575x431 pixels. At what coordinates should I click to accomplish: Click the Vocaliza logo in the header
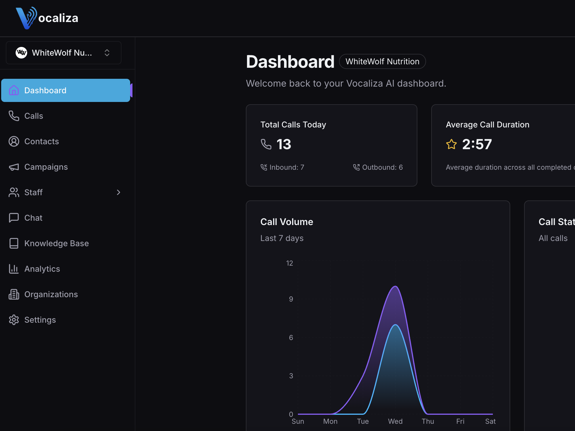(47, 18)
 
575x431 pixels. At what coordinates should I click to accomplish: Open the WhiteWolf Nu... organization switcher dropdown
(64, 53)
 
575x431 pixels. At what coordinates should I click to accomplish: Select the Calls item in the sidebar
(34, 116)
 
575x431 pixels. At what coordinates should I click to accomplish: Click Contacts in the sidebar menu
(41, 141)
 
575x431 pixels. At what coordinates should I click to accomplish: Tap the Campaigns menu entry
(46, 167)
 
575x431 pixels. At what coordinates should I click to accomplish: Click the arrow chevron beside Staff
(118, 192)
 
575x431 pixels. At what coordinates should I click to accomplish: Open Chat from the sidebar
(33, 218)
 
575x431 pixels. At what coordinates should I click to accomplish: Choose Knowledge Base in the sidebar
(56, 243)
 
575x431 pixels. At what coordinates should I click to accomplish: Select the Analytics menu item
(42, 269)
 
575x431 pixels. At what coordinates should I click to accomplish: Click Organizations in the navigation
(51, 294)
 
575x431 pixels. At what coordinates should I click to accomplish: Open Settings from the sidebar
(40, 320)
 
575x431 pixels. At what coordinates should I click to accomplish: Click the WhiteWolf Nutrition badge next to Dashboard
(382, 61)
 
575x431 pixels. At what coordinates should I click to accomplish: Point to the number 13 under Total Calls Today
(283, 144)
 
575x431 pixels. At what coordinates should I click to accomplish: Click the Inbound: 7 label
(286, 167)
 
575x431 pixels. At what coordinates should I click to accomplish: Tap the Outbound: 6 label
(382, 167)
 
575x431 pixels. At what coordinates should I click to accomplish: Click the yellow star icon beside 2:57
(451, 144)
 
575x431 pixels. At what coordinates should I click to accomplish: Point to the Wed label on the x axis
(395, 421)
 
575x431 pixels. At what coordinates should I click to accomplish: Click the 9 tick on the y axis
(291, 299)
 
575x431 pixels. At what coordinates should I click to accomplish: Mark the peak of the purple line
(395, 286)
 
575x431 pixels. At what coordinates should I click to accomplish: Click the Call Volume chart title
(287, 222)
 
